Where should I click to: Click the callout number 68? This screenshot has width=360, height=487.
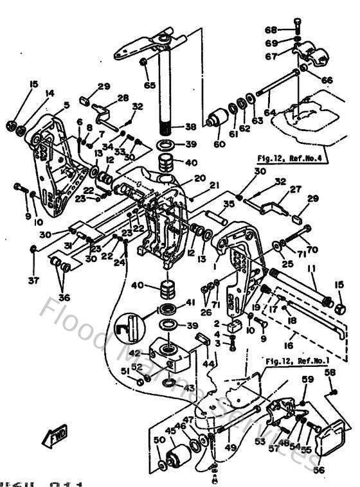270,30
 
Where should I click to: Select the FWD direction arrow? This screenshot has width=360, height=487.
50,438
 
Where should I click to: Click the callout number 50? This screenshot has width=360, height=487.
158,440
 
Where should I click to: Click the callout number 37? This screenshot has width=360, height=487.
33,280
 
